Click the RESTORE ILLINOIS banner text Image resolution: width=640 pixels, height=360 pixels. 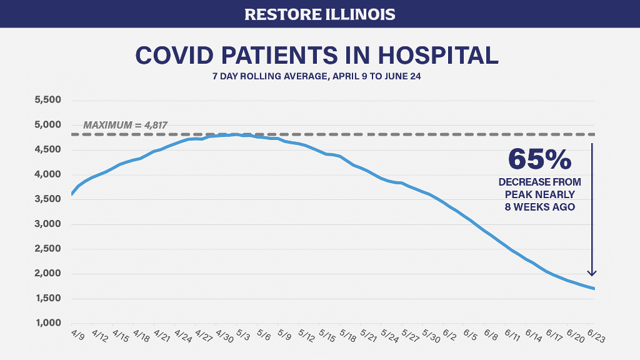click(319, 14)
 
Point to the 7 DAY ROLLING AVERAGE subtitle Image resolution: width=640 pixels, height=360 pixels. click(319, 77)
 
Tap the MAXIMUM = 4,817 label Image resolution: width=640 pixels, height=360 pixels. click(125, 125)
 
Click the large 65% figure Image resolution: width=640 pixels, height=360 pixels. click(539, 159)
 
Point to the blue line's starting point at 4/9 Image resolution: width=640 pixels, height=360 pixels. click(71, 194)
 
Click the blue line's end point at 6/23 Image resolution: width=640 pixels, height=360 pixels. click(594, 289)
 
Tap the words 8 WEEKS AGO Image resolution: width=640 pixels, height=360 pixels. click(539, 206)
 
